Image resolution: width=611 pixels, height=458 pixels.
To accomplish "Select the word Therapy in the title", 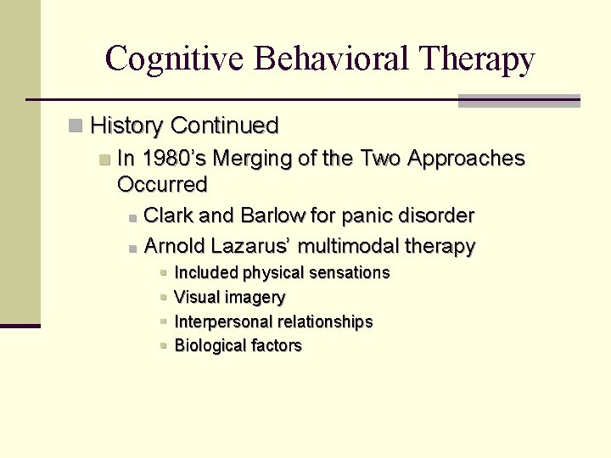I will tap(478, 59).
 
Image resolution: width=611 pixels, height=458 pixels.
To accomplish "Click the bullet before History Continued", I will tap(76, 126).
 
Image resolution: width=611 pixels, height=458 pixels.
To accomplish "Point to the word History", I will tap(126, 126).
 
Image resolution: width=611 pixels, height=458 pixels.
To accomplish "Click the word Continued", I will tap(224, 126).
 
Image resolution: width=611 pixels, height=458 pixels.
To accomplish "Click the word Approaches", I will tap(466, 159).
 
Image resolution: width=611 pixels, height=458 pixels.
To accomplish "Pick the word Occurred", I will tap(162, 184).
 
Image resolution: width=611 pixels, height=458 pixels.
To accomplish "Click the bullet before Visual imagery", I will tap(163, 298).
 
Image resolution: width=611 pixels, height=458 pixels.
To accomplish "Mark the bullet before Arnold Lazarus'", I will tap(133, 249).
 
